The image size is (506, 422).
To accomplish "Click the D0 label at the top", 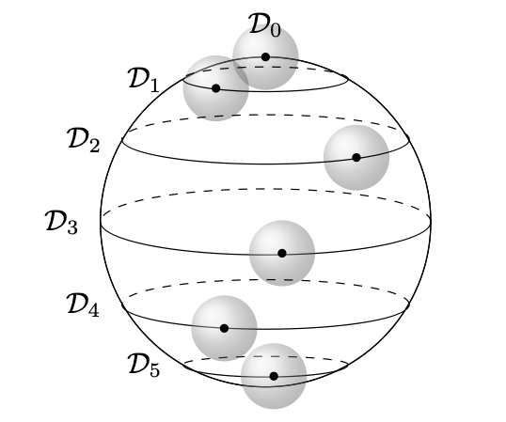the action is (264, 25).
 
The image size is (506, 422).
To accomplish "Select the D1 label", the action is (144, 80).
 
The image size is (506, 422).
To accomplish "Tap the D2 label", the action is (84, 140).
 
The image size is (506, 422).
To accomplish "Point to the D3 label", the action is (61, 222).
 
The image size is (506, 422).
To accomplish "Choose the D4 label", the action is (83, 305).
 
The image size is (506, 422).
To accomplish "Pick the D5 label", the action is (144, 365).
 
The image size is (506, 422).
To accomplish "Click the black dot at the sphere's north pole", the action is (265, 57).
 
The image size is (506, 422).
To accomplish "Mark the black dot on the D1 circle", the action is (216, 88).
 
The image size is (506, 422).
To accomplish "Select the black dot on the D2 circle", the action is (356, 158).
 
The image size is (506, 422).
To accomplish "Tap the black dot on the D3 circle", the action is (282, 254).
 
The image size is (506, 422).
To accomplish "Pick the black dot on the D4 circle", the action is (224, 329).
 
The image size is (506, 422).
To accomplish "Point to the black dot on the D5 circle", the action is (274, 376).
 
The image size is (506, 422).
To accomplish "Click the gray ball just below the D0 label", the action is (265, 57).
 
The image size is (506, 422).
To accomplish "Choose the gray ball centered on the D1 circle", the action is (216, 88).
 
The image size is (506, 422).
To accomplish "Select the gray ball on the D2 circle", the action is (356, 158).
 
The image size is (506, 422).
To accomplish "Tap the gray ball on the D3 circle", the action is (282, 254).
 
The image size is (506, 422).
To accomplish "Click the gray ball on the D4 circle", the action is (224, 329).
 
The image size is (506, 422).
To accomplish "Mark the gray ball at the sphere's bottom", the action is (274, 376).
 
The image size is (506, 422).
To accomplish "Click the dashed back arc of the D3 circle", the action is (265, 189).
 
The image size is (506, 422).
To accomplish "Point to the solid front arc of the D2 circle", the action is (265, 164).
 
